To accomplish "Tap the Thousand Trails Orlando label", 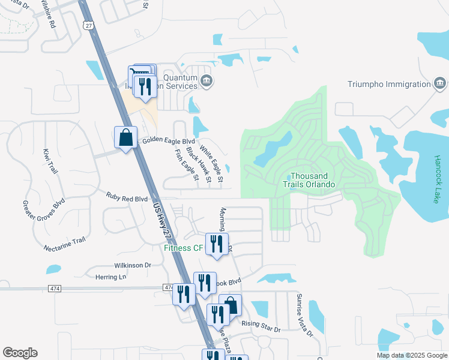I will pos(309,180).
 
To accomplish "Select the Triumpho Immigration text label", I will pos(388,85).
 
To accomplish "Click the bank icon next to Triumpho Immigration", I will pos(439,83).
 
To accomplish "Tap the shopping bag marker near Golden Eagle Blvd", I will pos(125,137).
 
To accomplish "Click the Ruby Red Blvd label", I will pos(127,197).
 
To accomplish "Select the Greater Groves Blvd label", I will pos(43,212).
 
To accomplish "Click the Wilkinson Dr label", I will pos(133,265).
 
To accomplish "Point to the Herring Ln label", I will pos(111,277).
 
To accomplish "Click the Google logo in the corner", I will pos(20,353).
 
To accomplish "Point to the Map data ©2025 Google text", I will pos(411,355).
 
